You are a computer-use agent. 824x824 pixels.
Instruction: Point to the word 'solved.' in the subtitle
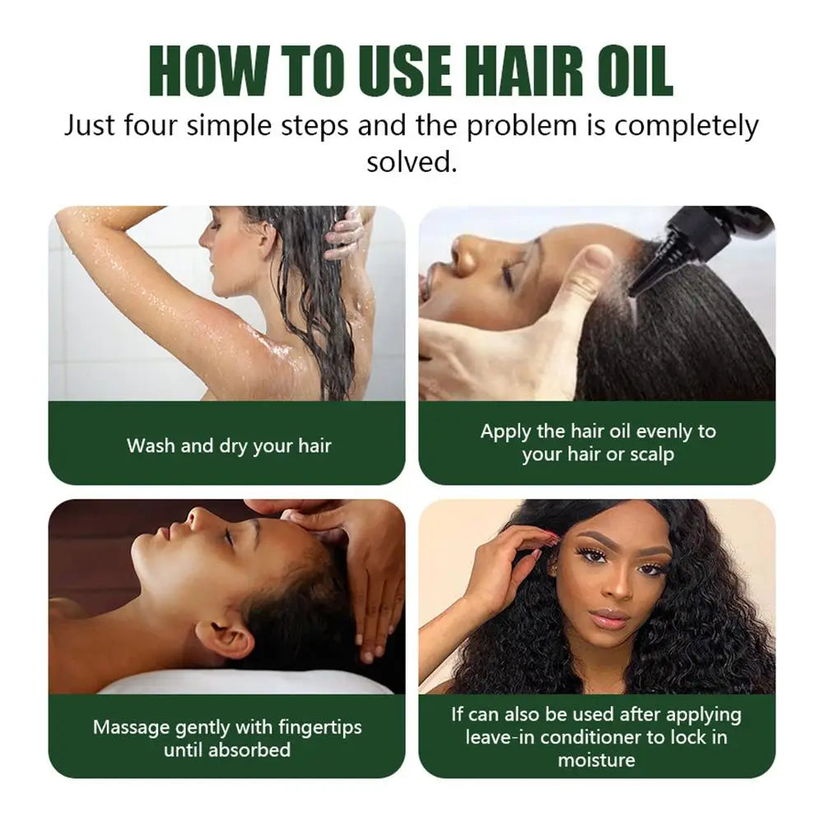[411, 161]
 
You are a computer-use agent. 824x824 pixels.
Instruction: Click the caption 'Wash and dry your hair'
[229, 446]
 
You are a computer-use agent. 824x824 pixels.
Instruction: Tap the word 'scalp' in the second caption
[651, 454]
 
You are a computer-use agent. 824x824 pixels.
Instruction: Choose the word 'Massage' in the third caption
[131, 728]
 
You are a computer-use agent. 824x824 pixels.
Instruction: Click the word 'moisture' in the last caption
[597, 759]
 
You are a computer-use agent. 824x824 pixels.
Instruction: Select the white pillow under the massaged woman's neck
[247, 682]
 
